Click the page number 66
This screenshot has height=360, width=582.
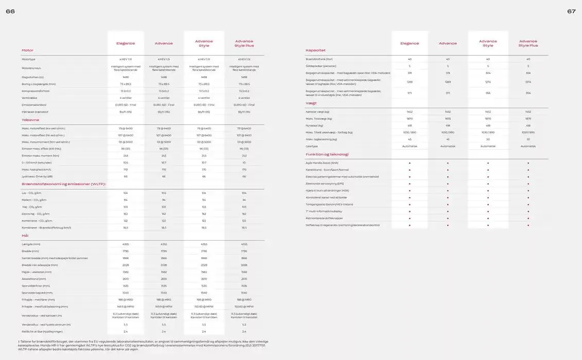tap(10, 11)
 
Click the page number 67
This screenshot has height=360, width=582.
tap(571, 11)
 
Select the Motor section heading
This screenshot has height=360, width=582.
tap(27, 50)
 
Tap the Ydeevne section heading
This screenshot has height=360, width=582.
tap(30, 120)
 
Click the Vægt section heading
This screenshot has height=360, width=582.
tap(311, 103)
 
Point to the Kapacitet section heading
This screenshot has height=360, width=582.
tap(315, 50)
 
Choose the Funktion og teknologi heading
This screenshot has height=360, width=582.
tap(327, 154)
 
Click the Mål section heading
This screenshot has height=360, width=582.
tap(25, 236)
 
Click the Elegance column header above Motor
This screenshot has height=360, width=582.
tap(126, 44)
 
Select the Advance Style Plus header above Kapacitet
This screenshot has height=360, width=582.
tap(528, 43)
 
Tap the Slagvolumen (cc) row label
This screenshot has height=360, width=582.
tap(32, 77)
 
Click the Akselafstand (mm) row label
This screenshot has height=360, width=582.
tap(33, 279)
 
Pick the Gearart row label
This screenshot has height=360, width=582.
tap(311, 146)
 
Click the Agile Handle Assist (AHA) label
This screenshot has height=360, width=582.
tap(322, 163)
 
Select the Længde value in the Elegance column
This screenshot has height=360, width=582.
tap(126, 244)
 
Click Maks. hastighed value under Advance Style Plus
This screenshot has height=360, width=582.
tap(244, 169)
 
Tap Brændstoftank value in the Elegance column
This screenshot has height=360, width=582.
tap(410, 59)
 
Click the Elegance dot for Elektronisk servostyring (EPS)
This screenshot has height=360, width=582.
tap(410, 184)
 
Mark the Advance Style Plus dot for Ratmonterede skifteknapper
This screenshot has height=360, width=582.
tap(528, 218)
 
